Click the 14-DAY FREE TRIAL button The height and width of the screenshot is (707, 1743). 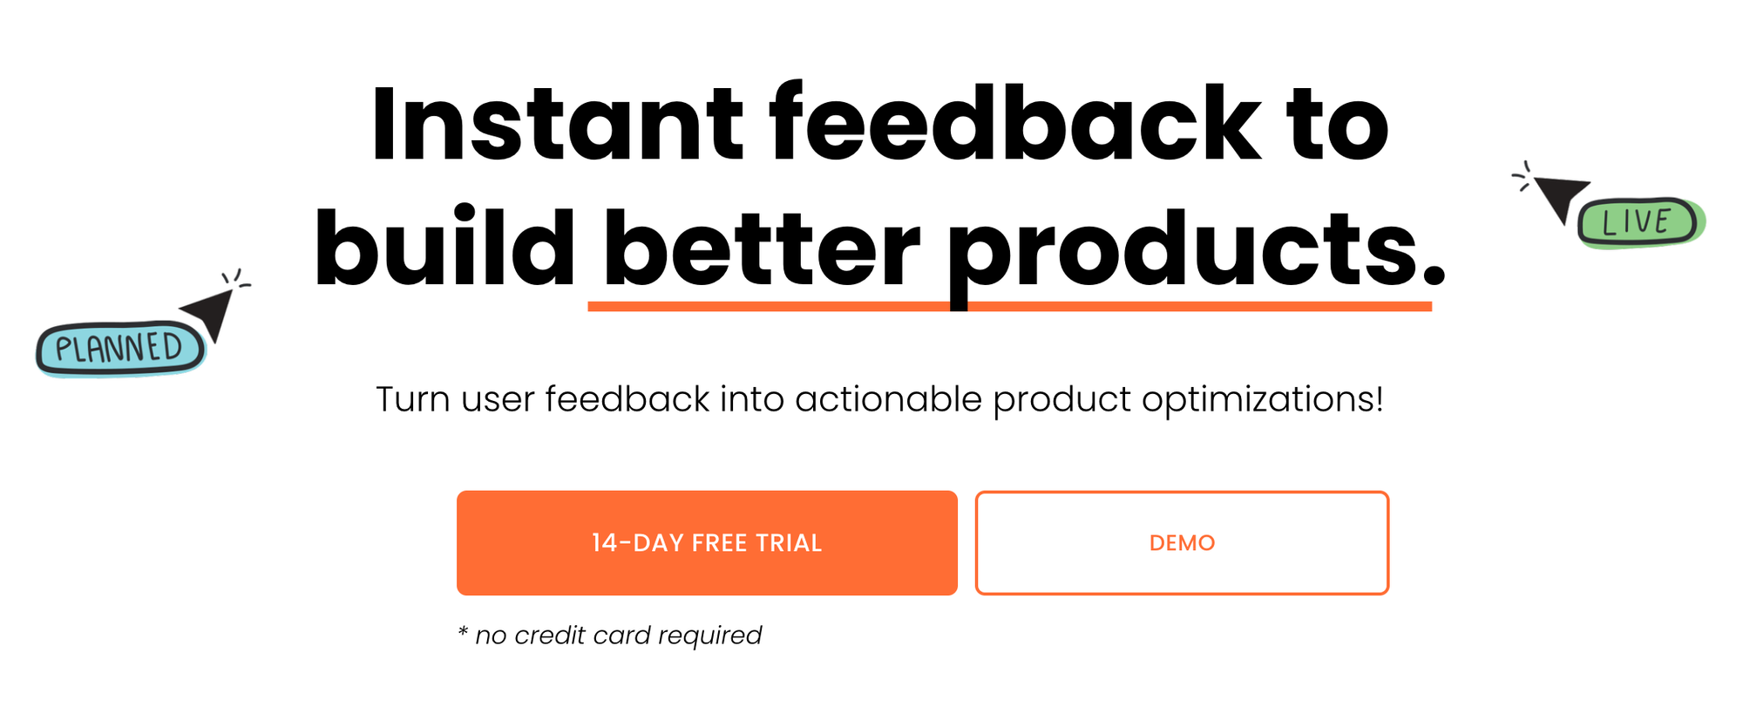[x=707, y=543]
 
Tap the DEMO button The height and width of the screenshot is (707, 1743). [x=1182, y=543]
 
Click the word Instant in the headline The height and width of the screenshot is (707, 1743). [x=557, y=124]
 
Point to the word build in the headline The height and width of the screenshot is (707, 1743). [x=444, y=248]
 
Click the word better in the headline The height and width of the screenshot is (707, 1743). [x=762, y=249]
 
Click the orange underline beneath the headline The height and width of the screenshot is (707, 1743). [x=1010, y=306]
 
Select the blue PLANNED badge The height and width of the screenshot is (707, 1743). [x=120, y=349]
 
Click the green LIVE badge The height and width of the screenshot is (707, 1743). [x=1639, y=222]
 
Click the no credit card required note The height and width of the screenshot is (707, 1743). [x=609, y=636]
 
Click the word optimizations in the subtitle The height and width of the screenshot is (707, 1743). [x=1263, y=400]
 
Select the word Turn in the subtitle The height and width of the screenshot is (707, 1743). [x=413, y=400]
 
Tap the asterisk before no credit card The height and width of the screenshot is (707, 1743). [x=463, y=630]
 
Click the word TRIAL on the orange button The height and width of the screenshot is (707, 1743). [x=789, y=543]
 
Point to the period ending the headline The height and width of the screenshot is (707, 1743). [x=1434, y=275]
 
